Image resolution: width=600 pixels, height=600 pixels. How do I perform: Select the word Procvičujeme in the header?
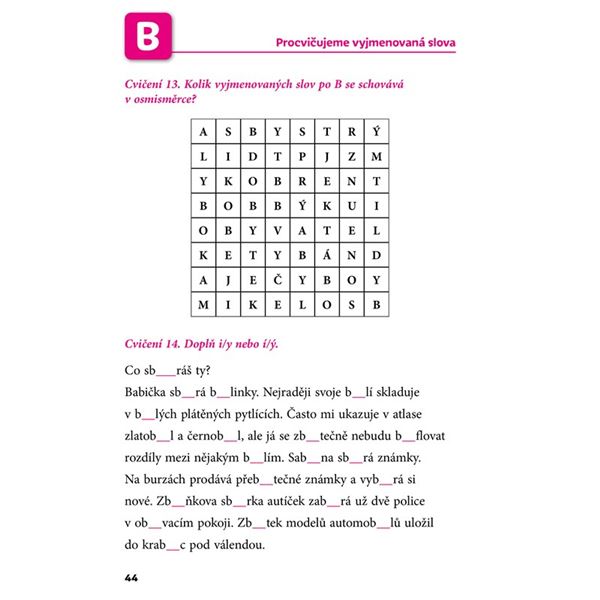pyautogui.click(x=318, y=41)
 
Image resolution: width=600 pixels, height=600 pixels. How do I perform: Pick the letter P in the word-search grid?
pyautogui.click(x=301, y=157)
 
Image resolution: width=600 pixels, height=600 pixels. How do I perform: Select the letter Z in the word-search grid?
pyautogui.click(x=351, y=157)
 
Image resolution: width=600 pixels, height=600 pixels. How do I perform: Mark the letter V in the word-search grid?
pyautogui.click(x=277, y=230)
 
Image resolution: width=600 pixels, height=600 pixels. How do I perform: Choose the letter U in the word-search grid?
pyautogui.click(x=351, y=206)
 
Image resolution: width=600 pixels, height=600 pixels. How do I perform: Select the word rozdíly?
pyautogui.click(x=150, y=458)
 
